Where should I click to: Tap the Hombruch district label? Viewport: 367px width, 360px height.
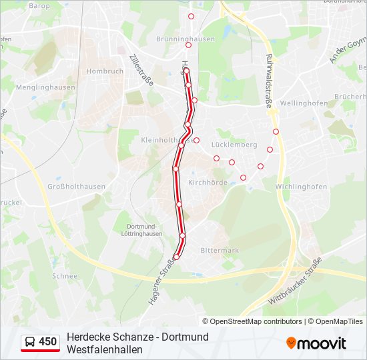tap(105, 71)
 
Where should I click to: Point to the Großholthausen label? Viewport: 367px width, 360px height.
tap(76, 187)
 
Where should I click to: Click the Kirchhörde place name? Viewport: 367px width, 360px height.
tap(208, 183)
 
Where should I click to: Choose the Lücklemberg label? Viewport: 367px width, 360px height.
tap(234, 145)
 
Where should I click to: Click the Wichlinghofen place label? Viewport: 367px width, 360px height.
tap(301, 187)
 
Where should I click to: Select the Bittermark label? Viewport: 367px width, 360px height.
tap(220, 251)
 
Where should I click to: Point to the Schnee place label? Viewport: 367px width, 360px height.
tap(65, 276)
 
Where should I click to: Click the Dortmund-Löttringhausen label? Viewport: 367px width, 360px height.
tap(143, 230)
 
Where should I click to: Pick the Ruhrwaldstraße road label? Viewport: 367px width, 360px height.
tap(269, 81)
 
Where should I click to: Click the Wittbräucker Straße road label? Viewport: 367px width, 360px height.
tap(295, 281)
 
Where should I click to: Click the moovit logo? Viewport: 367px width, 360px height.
tap(316, 343)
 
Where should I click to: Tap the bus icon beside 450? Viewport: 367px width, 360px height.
tap(29, 342)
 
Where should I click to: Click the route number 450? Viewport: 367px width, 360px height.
tap(48, 342)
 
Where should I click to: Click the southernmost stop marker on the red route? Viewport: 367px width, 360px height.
tap(176, 257)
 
